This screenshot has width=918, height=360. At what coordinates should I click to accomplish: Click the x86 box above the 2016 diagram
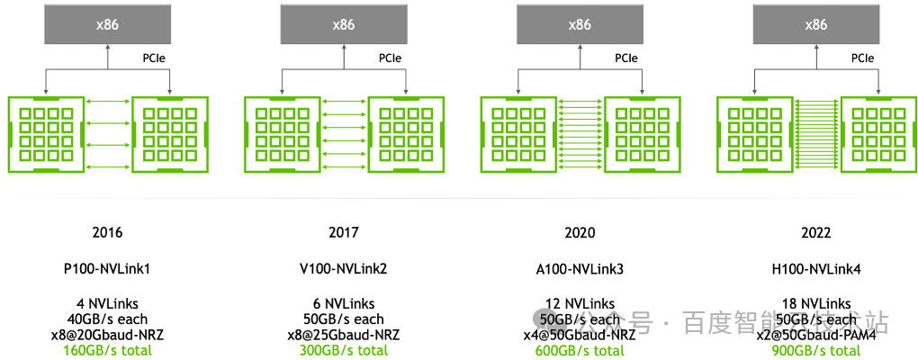(107, 24)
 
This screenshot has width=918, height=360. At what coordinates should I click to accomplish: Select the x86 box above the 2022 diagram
(815, 24)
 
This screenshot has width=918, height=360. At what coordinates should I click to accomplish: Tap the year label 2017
(344, 232)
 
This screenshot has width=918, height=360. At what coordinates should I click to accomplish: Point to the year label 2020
(580, 232)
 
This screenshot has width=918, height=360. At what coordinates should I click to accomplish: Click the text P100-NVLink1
(107, 268)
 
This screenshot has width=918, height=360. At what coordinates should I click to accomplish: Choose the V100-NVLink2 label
(344, 268)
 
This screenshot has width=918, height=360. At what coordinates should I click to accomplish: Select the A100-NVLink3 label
(580, 268)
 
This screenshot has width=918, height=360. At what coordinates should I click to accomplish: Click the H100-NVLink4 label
(815, 268)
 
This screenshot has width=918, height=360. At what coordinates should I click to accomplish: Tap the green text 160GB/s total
(107, 350)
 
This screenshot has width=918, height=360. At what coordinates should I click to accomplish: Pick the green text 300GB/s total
(344, 350)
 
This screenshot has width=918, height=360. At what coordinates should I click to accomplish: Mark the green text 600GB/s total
(580, 350)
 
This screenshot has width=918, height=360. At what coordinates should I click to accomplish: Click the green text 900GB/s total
(815, 350)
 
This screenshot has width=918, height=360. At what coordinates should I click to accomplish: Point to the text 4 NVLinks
(107, 303)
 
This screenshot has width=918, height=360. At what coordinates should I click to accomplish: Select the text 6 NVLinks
(344, 303)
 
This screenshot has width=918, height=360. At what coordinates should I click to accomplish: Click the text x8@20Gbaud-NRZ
(107, 335)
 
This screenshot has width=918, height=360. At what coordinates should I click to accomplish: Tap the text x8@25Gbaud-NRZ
(344, 335)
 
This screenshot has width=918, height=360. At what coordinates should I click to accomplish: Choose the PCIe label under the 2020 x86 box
(626, 58)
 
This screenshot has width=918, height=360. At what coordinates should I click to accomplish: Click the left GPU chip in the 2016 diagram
(45, 134)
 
